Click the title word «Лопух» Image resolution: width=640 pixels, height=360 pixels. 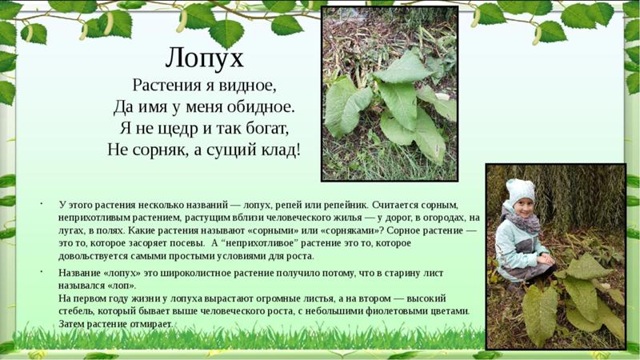point(205,58)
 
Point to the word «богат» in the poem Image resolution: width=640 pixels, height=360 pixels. point(267,129)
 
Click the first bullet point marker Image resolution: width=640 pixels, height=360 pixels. point(41,203)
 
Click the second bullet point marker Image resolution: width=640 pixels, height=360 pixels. point(41,270)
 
